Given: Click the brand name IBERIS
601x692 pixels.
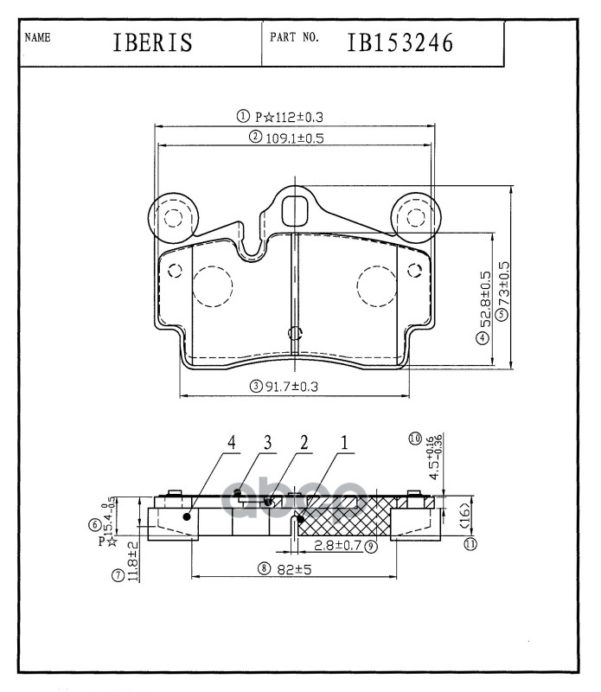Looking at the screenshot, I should (152, 43).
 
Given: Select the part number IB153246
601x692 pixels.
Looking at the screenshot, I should (400, 42).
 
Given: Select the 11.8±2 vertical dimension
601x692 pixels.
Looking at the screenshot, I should (133, 561).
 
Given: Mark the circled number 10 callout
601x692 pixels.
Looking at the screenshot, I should (415, 439).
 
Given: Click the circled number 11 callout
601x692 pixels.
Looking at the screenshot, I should (470, 544).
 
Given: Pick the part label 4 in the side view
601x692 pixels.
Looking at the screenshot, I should (231, 443).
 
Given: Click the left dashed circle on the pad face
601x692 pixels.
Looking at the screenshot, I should (213, 286).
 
